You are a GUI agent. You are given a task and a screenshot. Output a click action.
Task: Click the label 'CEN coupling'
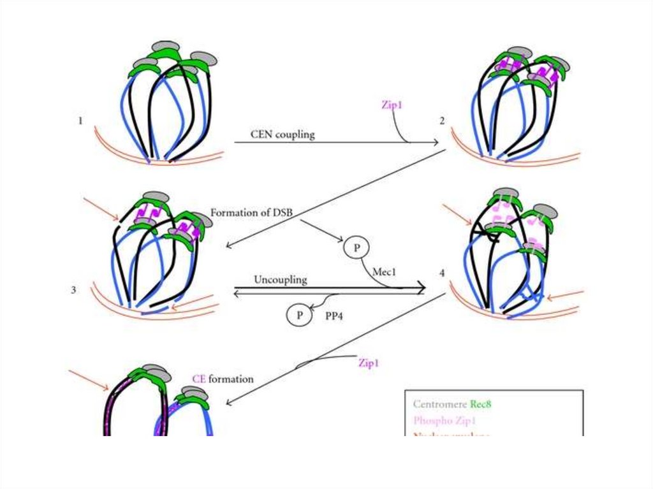[x=282, y=135]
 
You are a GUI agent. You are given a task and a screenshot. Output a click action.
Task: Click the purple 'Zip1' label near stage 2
[x=391, y=105]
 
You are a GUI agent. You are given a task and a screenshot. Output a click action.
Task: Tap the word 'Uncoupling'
[x=281, y=279]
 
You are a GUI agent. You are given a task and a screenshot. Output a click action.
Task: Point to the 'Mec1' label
[x=385, y=271]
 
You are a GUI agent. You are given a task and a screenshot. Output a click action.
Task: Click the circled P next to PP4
[x=297, y=314]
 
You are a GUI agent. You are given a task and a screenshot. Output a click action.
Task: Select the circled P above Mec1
[x=356, y=247]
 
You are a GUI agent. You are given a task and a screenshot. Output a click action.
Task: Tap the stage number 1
[x=80, y=119]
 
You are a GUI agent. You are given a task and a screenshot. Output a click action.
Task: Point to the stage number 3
[x=74, y=290]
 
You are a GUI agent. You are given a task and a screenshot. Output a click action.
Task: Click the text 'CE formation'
[x=223, y=379]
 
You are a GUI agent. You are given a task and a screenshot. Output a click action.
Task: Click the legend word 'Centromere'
[x=439, y=404]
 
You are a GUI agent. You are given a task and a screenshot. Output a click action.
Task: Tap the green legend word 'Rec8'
[x=481, y=404]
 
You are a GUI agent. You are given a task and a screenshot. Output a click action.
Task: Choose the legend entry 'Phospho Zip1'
[x=444, y=421]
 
